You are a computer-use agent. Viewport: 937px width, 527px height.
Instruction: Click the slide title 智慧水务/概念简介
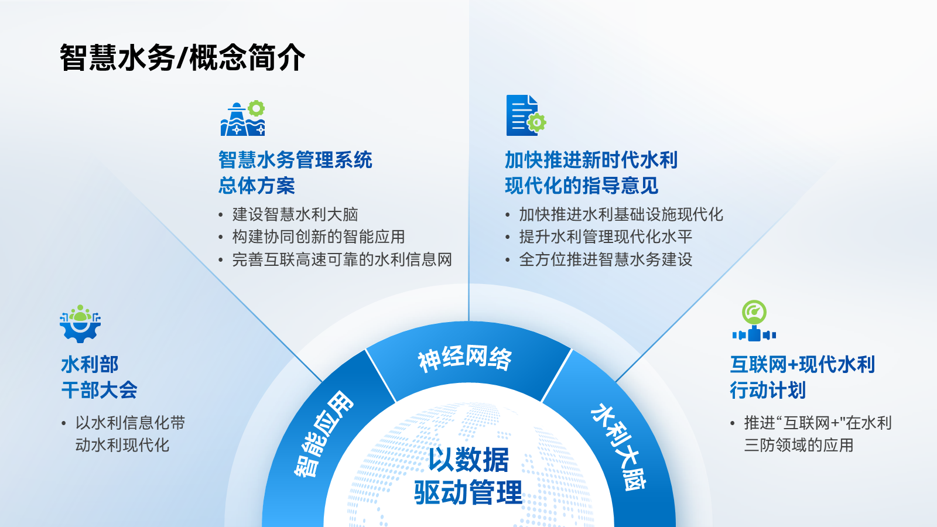click(182, 57)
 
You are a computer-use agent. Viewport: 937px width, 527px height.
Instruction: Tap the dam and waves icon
click(243, 118)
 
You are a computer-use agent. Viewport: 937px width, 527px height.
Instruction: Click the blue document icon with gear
click(526, 115)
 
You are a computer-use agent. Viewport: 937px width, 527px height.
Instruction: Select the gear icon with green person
click(80, 323)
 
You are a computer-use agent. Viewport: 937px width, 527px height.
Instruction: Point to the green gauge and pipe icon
click(754, 321)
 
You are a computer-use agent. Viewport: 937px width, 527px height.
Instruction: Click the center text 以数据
click(468, 460)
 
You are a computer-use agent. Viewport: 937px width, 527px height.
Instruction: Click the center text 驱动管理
click(468, 492)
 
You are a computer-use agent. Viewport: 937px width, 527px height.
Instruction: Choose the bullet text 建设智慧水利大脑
click(295, 214)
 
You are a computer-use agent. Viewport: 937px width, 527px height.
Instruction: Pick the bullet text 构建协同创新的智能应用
click(319, 237)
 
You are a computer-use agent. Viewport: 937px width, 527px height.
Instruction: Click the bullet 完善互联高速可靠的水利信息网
click(342, 260)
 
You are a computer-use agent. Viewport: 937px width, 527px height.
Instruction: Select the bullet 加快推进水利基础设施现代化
click(621, 214)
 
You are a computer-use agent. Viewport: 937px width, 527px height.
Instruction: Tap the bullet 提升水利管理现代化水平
click(606, 237)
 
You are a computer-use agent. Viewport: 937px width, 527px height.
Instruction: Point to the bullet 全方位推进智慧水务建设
click(606, 260)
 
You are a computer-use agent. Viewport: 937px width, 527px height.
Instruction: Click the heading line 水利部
click(90, 364)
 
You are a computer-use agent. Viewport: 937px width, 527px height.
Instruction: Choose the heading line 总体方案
click(257, 185)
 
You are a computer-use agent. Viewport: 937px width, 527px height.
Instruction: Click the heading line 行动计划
click(768, 390)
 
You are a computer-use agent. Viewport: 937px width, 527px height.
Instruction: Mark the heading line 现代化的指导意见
click(582, 185)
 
